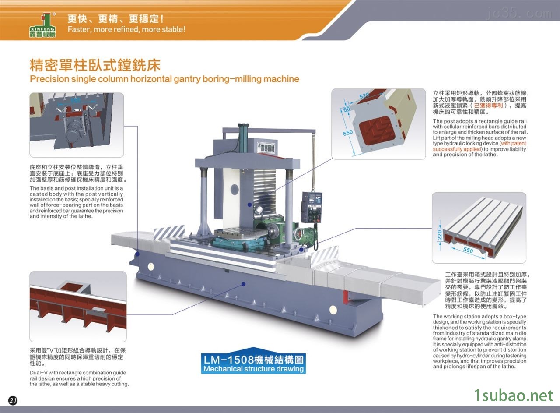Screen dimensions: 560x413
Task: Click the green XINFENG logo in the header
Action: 42,25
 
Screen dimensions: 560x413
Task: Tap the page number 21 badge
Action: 13,400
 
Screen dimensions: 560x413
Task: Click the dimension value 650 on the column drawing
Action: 348,133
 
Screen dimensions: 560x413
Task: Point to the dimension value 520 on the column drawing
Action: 364,95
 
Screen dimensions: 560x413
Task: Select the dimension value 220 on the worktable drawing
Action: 440,235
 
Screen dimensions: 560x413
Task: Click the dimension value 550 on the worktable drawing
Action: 468,250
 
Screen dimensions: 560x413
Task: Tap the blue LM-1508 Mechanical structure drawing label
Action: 253,364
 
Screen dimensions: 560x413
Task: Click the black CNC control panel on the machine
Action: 311,207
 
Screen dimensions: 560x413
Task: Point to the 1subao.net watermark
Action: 514,396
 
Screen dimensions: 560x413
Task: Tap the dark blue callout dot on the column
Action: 249,205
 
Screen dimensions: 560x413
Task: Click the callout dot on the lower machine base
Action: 244,284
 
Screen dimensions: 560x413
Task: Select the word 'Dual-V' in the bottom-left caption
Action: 38,373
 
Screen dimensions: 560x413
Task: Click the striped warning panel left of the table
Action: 169,232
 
